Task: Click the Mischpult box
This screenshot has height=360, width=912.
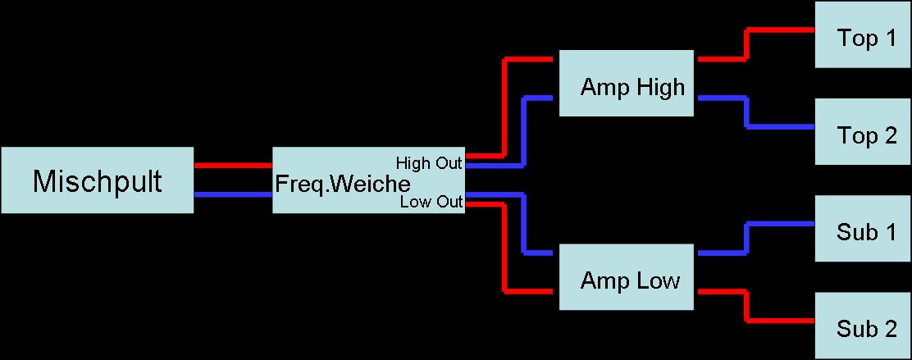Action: coord(97,180)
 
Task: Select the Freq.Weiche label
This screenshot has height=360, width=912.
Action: coord(342,182)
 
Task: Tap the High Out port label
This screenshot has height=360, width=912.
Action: coord(429,162)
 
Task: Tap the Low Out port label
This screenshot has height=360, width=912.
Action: coord(431,202)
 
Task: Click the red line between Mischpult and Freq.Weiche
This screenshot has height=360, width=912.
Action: coord(233,165)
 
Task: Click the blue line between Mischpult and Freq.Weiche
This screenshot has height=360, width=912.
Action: coord(233,194)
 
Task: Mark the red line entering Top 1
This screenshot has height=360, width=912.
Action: coord(779,31)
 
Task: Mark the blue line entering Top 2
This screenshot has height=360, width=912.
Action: coord(779,127)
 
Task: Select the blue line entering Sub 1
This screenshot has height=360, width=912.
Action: coord(779,224)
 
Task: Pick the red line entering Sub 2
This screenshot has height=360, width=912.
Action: coord(779,320)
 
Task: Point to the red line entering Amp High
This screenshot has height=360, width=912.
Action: coord(531,59)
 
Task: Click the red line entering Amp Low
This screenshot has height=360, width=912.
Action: coord(531,291)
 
